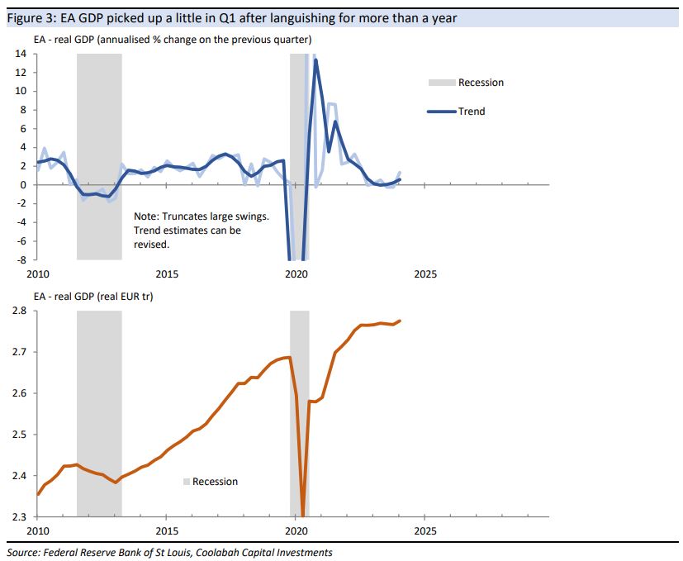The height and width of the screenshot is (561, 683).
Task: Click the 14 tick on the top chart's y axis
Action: click(x=21, y=54)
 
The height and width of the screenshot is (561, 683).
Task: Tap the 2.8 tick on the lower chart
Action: click(x=18, y=311)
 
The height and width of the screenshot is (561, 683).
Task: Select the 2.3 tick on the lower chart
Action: click(x=18, y=517)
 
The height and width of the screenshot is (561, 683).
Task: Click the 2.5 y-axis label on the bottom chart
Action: click(x=18, y=435)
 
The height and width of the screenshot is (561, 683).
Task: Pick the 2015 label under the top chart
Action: click(x=167, y=273)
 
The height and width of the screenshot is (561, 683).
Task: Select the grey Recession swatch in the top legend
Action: click(x=441, y=83)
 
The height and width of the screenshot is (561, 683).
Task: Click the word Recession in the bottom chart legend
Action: click(x=215, y=482)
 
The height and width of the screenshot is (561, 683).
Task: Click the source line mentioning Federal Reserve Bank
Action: click(x=168, y=552)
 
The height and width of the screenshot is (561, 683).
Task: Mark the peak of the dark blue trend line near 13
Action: click(x=315, y=59)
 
